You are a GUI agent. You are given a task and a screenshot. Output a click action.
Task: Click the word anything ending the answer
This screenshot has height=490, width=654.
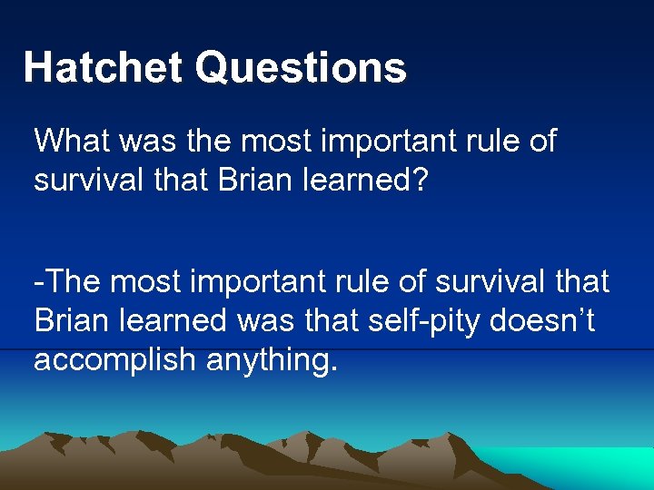click(270, 359)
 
